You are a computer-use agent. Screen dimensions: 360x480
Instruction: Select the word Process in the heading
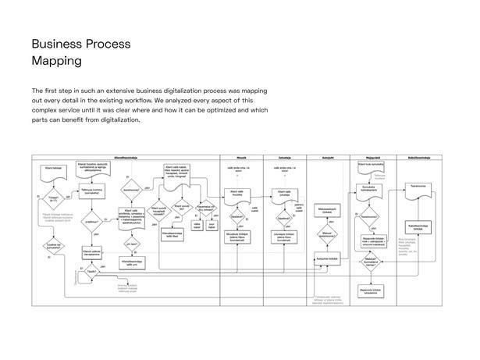coord(108,44)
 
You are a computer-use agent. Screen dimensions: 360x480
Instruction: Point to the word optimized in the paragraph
coord(205,111)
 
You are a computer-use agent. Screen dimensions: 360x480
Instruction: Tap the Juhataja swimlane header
coord(283,158)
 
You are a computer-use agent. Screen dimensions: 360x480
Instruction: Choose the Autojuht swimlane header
coord(329,158)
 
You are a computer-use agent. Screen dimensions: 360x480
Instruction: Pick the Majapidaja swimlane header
coord(372,158)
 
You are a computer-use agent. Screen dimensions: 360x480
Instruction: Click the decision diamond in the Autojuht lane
coord(328,233)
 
